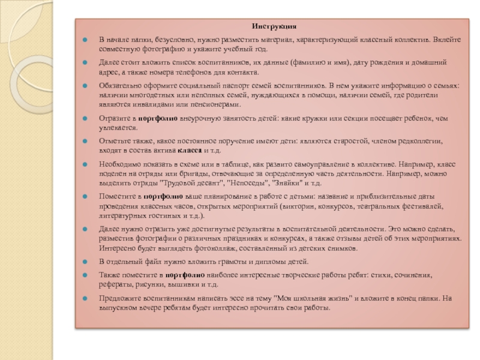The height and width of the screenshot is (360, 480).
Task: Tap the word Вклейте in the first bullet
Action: (x=446, y=39)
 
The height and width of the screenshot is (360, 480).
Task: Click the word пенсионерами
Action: (x=213, y=104)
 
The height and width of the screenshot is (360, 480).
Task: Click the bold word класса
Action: (x=189, y=150)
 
